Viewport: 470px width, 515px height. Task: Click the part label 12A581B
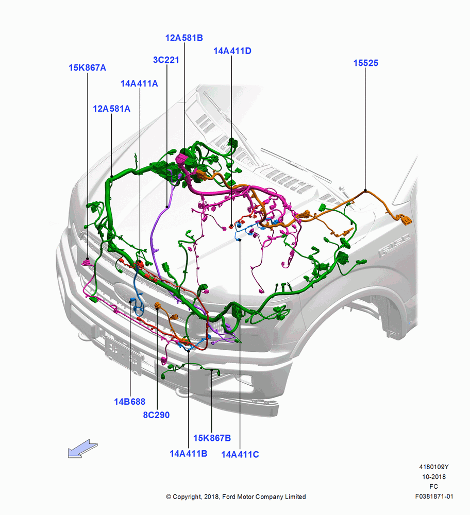(x=184, y=38)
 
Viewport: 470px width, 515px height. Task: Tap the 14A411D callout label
(x=232, y=51)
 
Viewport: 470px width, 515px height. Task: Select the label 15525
(x=366, y=63)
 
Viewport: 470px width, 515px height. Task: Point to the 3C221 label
(x=166, y=60)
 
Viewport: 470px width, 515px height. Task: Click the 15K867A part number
(x=88, y=67)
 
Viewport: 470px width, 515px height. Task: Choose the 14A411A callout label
(x=139, y=83)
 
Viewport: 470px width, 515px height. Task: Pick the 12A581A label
(x=111, y=108)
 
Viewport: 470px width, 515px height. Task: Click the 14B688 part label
(x=129, y=401)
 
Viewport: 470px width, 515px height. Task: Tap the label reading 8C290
(x=156, y=415)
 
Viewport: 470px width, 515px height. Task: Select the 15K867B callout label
(x=212, y=438)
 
